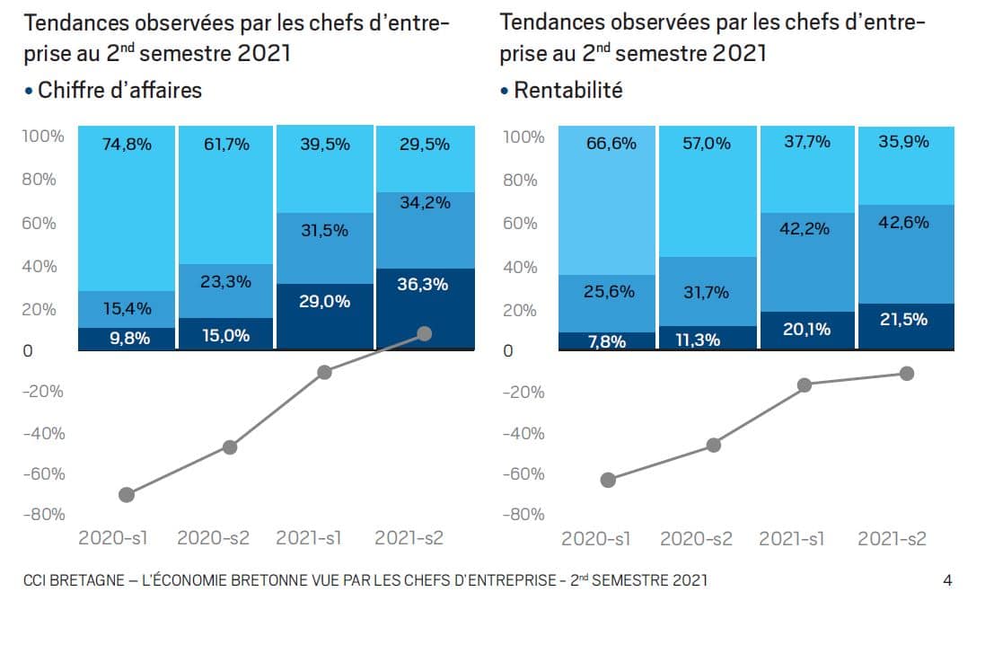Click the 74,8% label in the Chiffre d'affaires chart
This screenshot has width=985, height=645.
[127, 144]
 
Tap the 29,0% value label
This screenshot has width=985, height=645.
[324, 302]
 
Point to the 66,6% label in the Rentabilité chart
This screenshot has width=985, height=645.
[611, 144]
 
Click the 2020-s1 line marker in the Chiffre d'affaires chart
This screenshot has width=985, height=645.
[127, 494]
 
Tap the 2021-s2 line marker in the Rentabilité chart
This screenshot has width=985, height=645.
[907, 373]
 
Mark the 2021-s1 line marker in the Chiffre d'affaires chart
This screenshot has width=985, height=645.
[325, 372]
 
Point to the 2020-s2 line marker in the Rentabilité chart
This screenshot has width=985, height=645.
[714, 445]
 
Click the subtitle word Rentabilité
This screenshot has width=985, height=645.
[567, 91]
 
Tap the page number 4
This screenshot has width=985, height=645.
[948, 580]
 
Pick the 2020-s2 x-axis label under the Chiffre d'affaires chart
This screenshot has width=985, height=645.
[213, 539]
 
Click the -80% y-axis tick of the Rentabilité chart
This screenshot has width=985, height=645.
[523, 515]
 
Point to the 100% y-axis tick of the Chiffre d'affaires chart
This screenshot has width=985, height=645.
[42, 137]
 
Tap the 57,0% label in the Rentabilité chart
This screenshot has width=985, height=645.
[707, 144]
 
